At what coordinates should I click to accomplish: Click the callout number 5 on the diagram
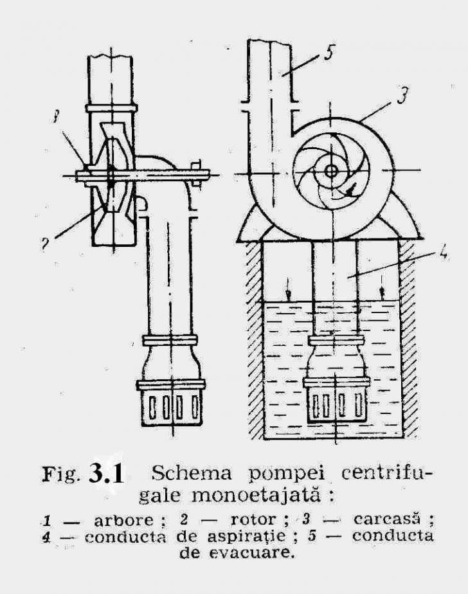point(328,52)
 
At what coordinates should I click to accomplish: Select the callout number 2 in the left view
point(45,244)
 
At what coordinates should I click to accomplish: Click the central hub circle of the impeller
point(332,172)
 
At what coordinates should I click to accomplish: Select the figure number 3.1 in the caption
point(107,474)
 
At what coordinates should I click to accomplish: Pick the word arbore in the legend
point(123,519)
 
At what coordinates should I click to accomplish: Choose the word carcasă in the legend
point(387,519)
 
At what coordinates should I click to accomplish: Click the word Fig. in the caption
point(60,474)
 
